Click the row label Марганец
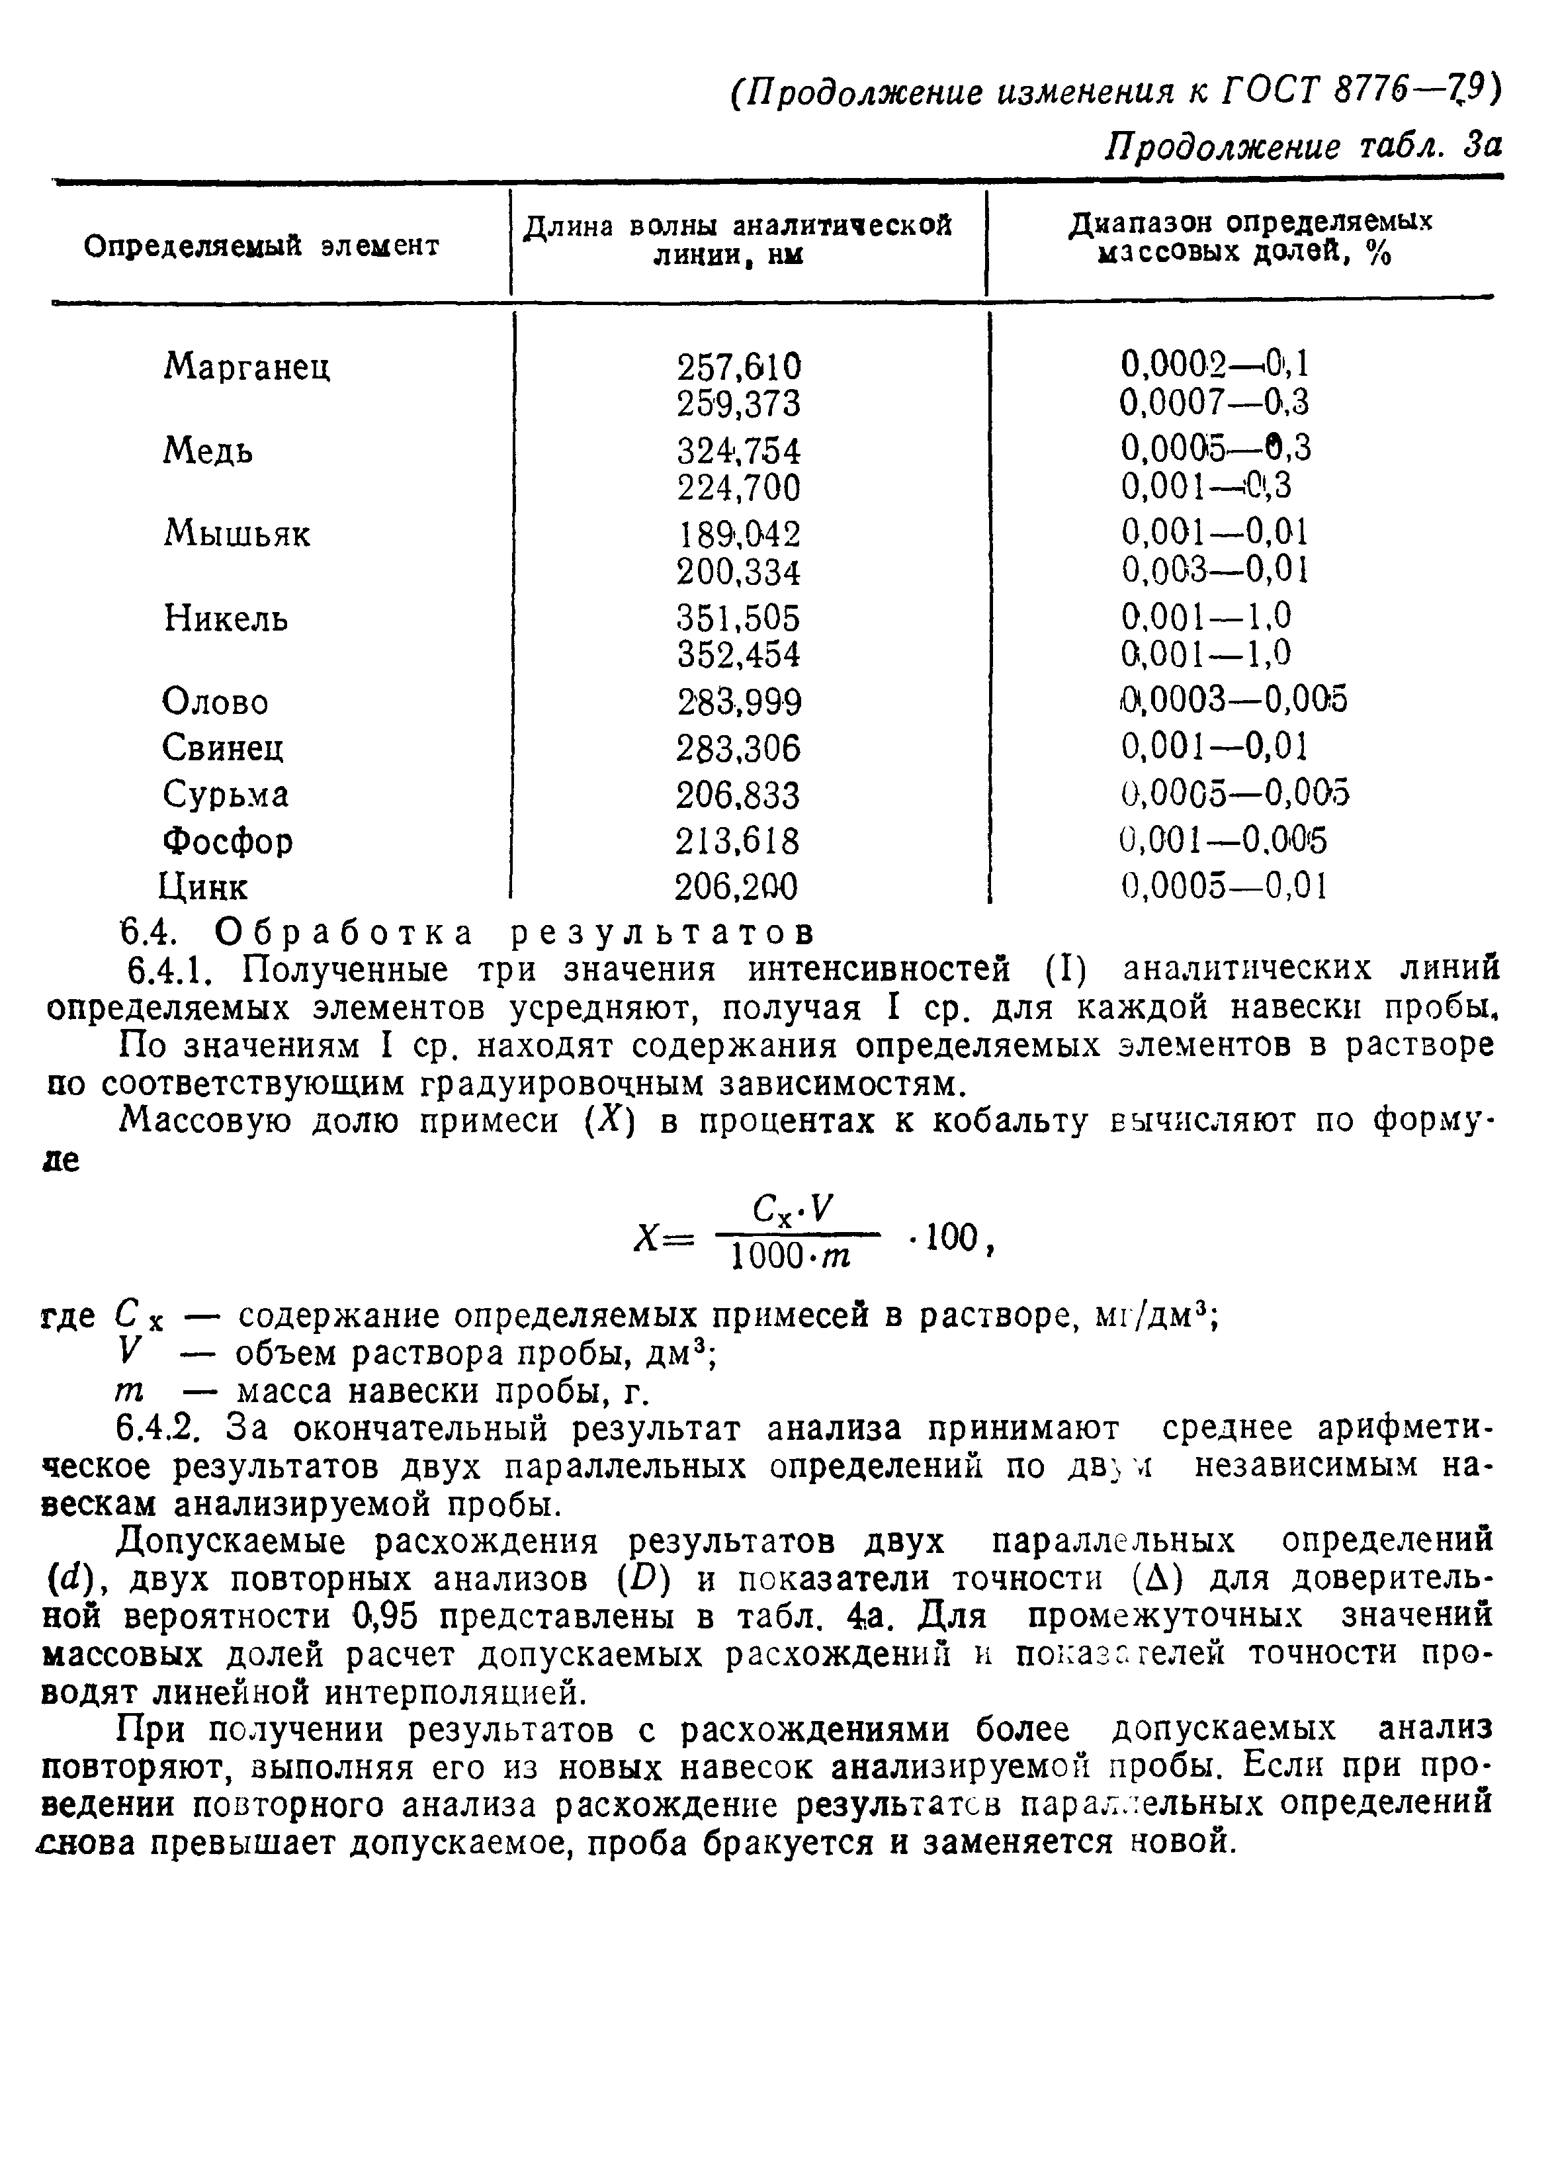coord(247,367)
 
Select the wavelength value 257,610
coord(738,367)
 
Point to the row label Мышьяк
coord(238,533)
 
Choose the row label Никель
coord(226,619)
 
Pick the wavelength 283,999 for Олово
coord(738,703)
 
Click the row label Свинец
coord(223,747)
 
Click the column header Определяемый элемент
coord(262,247)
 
